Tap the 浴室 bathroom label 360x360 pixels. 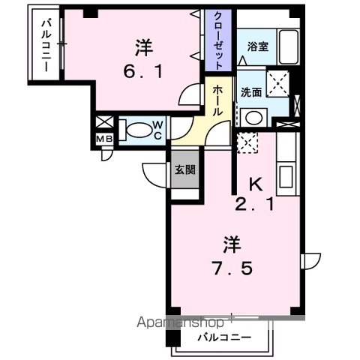click(257, 46)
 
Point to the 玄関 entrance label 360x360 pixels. click(185, 169)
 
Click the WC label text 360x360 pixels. click(158, 130)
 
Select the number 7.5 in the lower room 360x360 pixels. click(232, 268)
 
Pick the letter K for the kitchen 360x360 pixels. click(254, 182)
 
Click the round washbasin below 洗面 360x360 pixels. click(253, 116)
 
